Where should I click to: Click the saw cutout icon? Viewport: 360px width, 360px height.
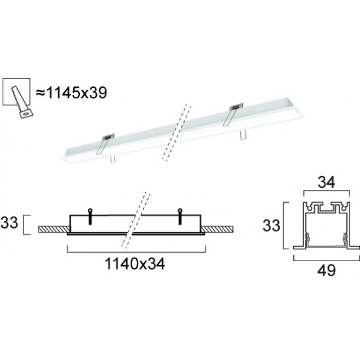click(x=21, y=98)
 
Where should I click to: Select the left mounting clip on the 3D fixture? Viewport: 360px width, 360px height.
click(x=104, y=140)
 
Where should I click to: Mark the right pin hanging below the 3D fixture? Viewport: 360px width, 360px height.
click(x=242, y=133)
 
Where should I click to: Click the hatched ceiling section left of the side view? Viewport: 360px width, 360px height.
click(x=52, y=229)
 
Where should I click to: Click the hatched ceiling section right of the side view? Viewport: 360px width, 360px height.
click(x=219, y=229)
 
